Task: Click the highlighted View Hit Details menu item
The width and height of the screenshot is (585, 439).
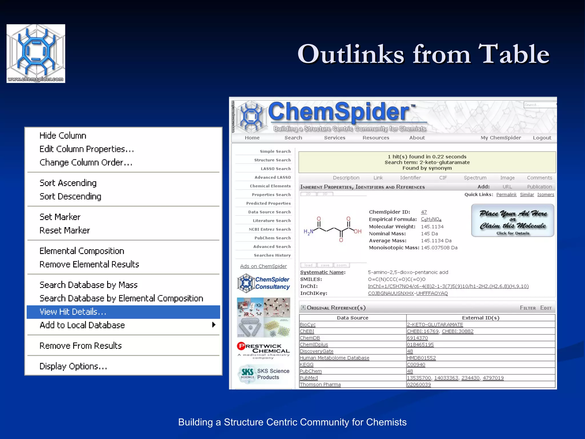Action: (73, 312)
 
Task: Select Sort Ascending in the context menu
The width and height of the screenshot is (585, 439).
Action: (68, 183)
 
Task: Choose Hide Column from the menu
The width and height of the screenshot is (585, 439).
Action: (63, 135)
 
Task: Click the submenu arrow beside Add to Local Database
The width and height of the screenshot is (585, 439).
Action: (213, 325)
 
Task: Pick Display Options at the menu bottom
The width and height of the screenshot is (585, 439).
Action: (73, 366)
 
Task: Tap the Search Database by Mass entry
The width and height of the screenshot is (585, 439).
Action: (89, 285)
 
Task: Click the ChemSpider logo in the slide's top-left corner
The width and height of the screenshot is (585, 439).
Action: (36, 53)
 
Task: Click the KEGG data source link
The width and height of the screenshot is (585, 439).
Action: (306, 364)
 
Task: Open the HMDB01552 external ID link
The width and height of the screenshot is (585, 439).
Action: (421, 358)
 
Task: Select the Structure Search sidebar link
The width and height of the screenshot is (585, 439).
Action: (272, 160)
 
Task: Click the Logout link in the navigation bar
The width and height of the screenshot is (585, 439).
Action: (542, 138)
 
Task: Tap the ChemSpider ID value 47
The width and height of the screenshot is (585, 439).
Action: (424, 212)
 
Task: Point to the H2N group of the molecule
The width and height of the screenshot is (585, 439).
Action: (308, 232)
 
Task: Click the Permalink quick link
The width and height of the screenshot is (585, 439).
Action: (506, 195)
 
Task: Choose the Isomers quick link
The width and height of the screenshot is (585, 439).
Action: (546, 195)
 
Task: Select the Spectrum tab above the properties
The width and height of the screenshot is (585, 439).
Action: (475, 178)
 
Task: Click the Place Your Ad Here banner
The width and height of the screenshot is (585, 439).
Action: (513, 220)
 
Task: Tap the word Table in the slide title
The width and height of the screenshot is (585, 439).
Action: (513, 54)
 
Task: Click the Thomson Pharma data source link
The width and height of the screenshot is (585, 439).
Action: (320, 384)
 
